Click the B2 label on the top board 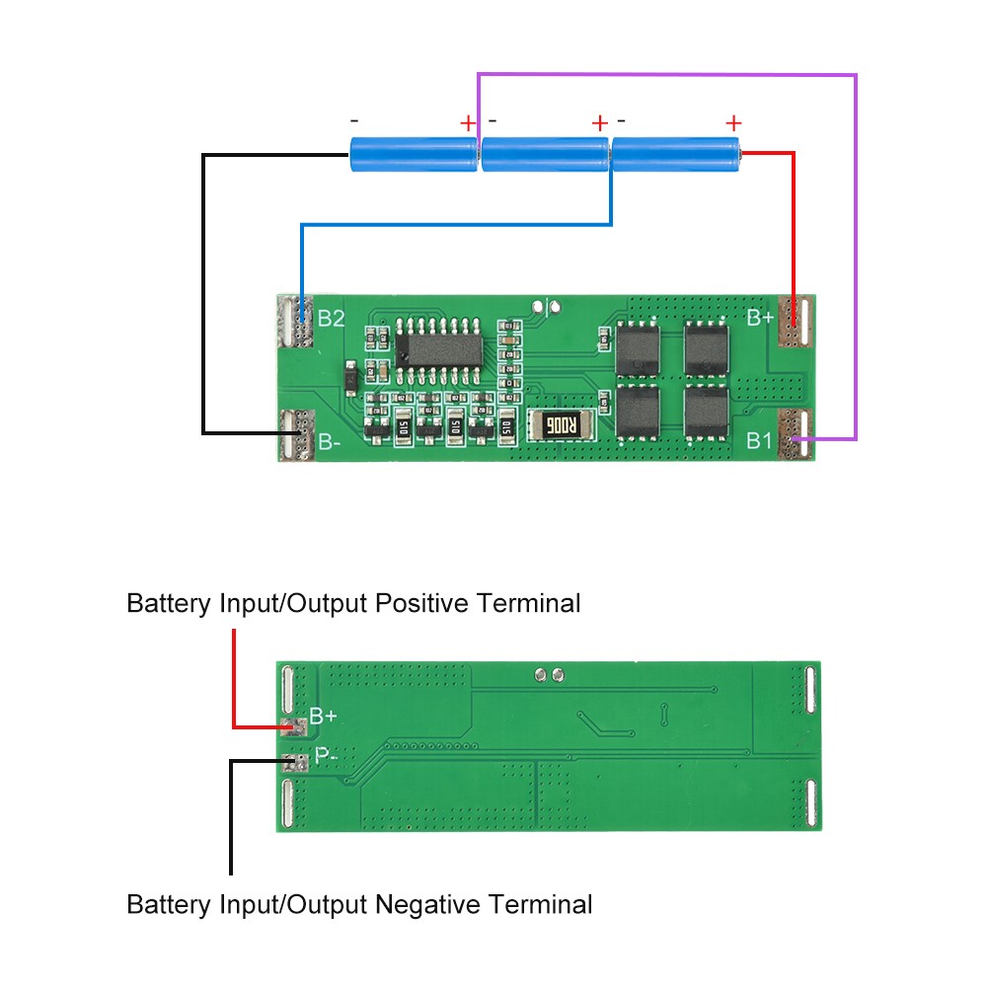[x=331, y=319]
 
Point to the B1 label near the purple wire [x=759, y=440]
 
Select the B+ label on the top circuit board [x=760, y=318]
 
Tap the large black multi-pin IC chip [x=438, y=347]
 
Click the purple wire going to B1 [x=856, y=257]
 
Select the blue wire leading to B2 [x=454, y=225]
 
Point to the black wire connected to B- [x=203, y=296]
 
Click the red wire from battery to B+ [x=793, y=227]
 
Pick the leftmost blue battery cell [x=414, y=154]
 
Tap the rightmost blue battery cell [x=676, y=154]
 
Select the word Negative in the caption [x=433, y=904]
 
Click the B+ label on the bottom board [x=324, y=717]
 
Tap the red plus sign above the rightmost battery [x=733, y=122]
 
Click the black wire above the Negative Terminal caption [x=230, y=819]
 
